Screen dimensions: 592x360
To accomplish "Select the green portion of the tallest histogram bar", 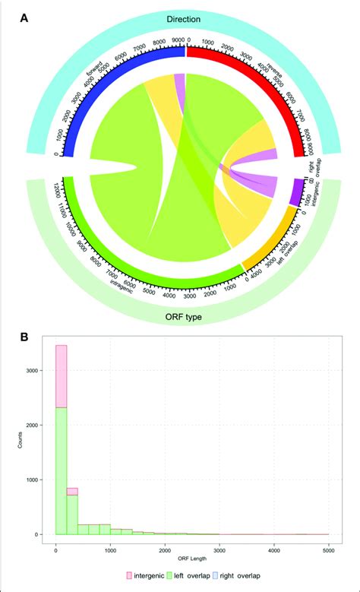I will pyautogui.click(x=61, y=471).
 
